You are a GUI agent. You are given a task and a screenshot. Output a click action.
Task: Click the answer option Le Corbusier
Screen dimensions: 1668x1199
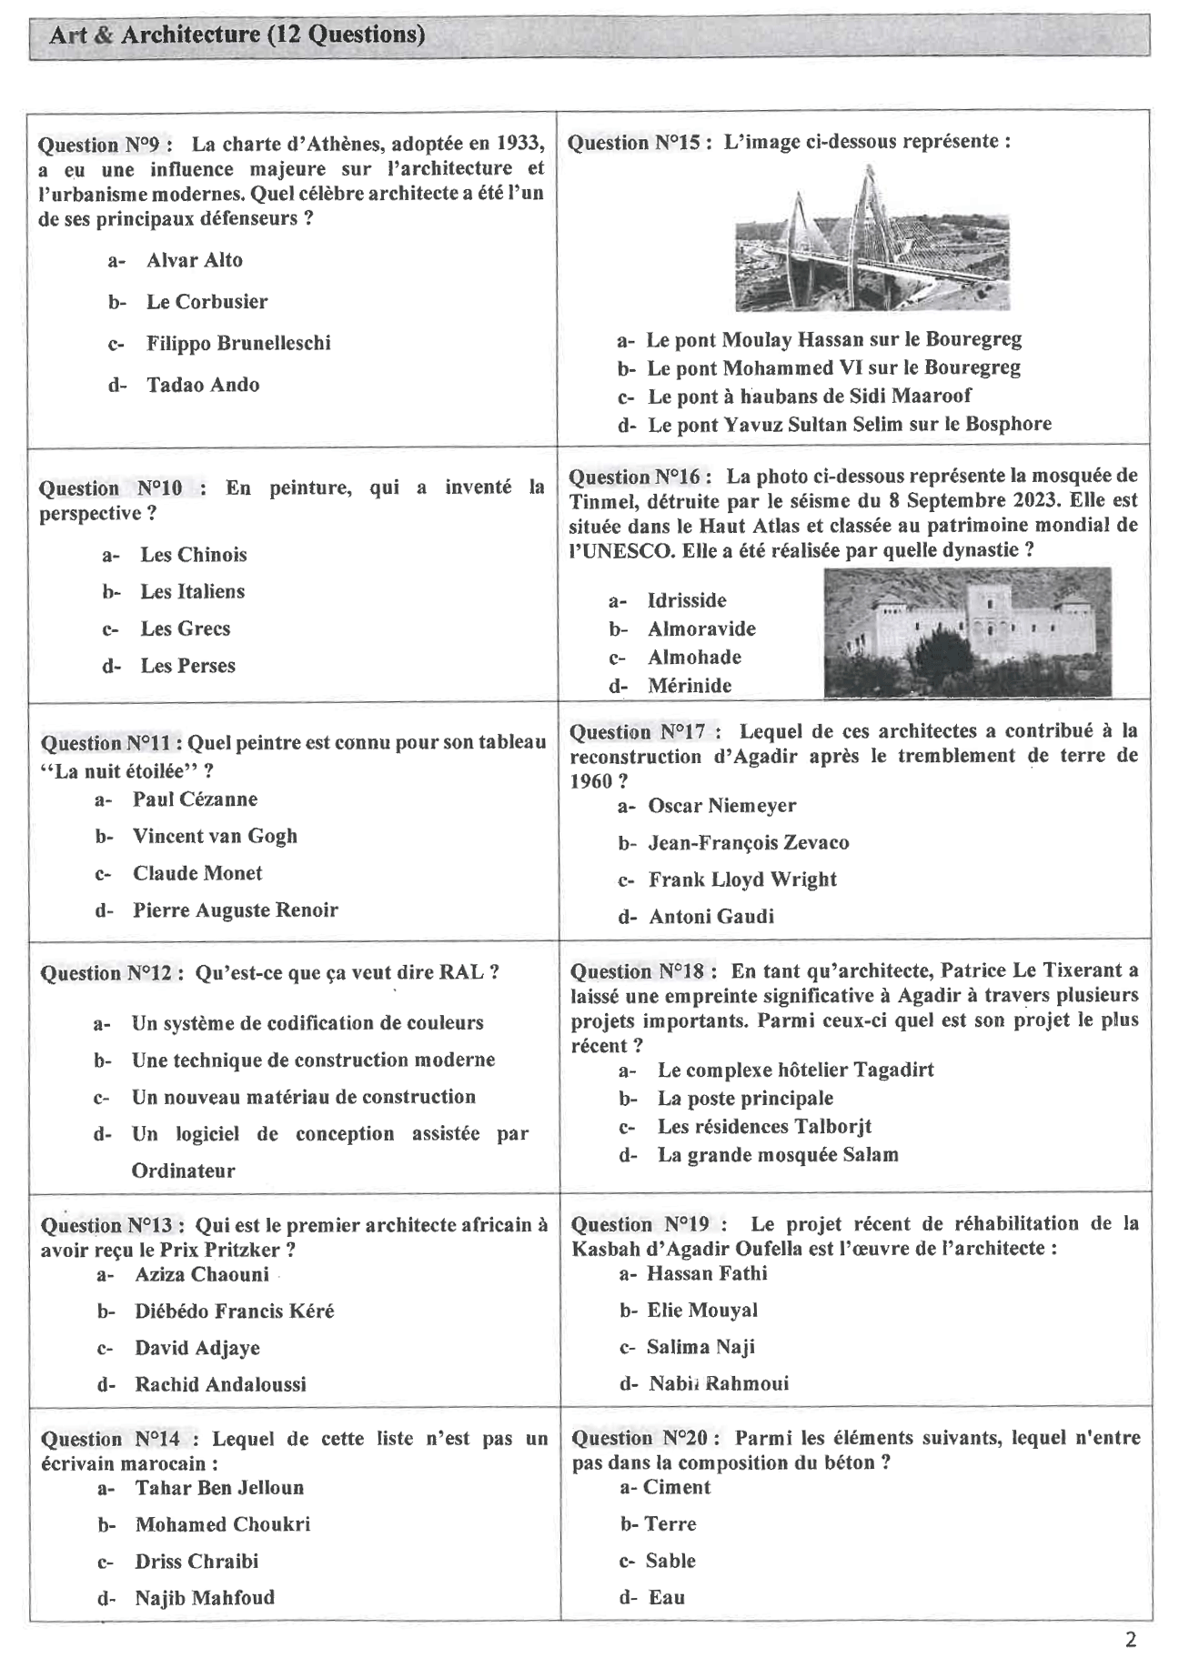pyautogui.click(x=207, y=302)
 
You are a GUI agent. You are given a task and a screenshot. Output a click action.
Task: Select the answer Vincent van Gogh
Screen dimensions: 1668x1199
pyautogui.click(x=215, y=836)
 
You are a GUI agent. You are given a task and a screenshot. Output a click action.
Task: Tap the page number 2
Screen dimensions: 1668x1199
pyautogui.click(x=1131, y=1640)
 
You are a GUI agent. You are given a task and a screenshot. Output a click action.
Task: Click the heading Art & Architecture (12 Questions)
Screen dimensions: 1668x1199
pyautogui.click(x=237, y=35)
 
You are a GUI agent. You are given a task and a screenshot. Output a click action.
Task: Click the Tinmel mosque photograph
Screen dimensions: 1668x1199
pyautogui.click(x=967, y=633)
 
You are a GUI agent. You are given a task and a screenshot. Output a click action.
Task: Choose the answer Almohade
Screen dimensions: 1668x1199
pyautogui.click(x=694, y=658)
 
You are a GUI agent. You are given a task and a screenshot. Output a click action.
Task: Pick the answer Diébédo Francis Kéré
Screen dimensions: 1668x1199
pyautogui.click(x=234, y=1311)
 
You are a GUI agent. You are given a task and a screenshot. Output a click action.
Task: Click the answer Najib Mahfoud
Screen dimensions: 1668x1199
pyautogui.click(x=205, y=1597)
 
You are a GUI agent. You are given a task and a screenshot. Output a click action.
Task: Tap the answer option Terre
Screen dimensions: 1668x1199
pyautogui.click(x=670, y=1523)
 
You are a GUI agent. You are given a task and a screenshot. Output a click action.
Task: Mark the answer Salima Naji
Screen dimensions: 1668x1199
pyautogui.click(x=700, y=1347)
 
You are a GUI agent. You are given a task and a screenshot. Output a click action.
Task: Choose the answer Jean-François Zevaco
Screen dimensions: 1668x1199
pyautogui.click(x=748, y=843)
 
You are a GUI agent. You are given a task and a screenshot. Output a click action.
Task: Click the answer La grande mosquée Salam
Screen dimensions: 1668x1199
pyautogui.click(x=778, y=1155)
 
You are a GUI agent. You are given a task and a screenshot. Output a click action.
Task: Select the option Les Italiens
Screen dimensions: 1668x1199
pyautogui.click(x=192, y=592)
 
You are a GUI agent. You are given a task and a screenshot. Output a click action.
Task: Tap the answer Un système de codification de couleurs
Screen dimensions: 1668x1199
pyautogui.click(x=307, y=1023)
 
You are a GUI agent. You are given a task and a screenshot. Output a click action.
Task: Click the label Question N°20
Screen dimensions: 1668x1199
pyautogui.click(x=646, y=1438)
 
